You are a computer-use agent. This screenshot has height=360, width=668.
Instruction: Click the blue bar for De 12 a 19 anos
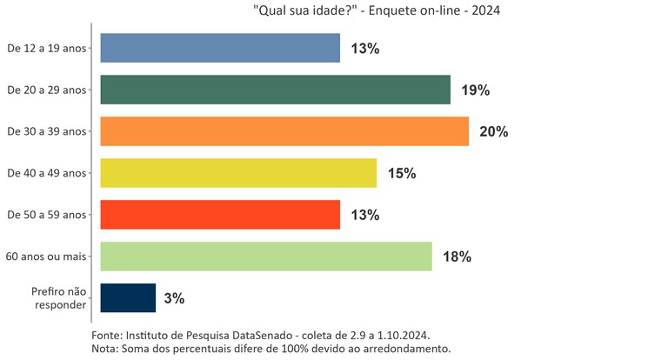click(220, 48)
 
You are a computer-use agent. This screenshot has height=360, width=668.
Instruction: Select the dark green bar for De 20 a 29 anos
click(275, 90)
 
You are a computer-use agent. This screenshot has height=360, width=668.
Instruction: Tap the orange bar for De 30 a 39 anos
click(284, 131)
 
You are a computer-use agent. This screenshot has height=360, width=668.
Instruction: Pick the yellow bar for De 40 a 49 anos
click(238, 173)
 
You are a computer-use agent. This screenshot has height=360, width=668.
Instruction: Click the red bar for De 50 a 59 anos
click(220, 215)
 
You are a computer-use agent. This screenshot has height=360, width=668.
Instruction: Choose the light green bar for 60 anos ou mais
click(266, 257)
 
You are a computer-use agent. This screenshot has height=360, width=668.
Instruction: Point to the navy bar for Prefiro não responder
click(128, 298)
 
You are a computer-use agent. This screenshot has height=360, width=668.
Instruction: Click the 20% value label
click(493, 132)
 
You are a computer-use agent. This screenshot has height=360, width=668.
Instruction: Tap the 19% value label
click(475, 90)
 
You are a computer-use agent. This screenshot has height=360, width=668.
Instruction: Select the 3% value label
click(174, 298)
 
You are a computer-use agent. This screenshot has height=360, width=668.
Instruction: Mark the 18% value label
click(457, 257)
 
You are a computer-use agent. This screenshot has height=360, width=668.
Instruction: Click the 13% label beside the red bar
click(364, 215)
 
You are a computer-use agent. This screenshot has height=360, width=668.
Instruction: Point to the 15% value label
click(402, 174)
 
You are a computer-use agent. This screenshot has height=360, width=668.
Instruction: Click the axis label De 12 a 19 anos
click(47, 48)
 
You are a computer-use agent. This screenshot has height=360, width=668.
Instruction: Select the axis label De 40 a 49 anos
click(47, 173)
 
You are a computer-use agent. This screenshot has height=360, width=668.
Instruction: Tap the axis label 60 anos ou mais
click(46, 257)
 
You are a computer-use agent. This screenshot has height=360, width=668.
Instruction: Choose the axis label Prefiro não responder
click(58, 298)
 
